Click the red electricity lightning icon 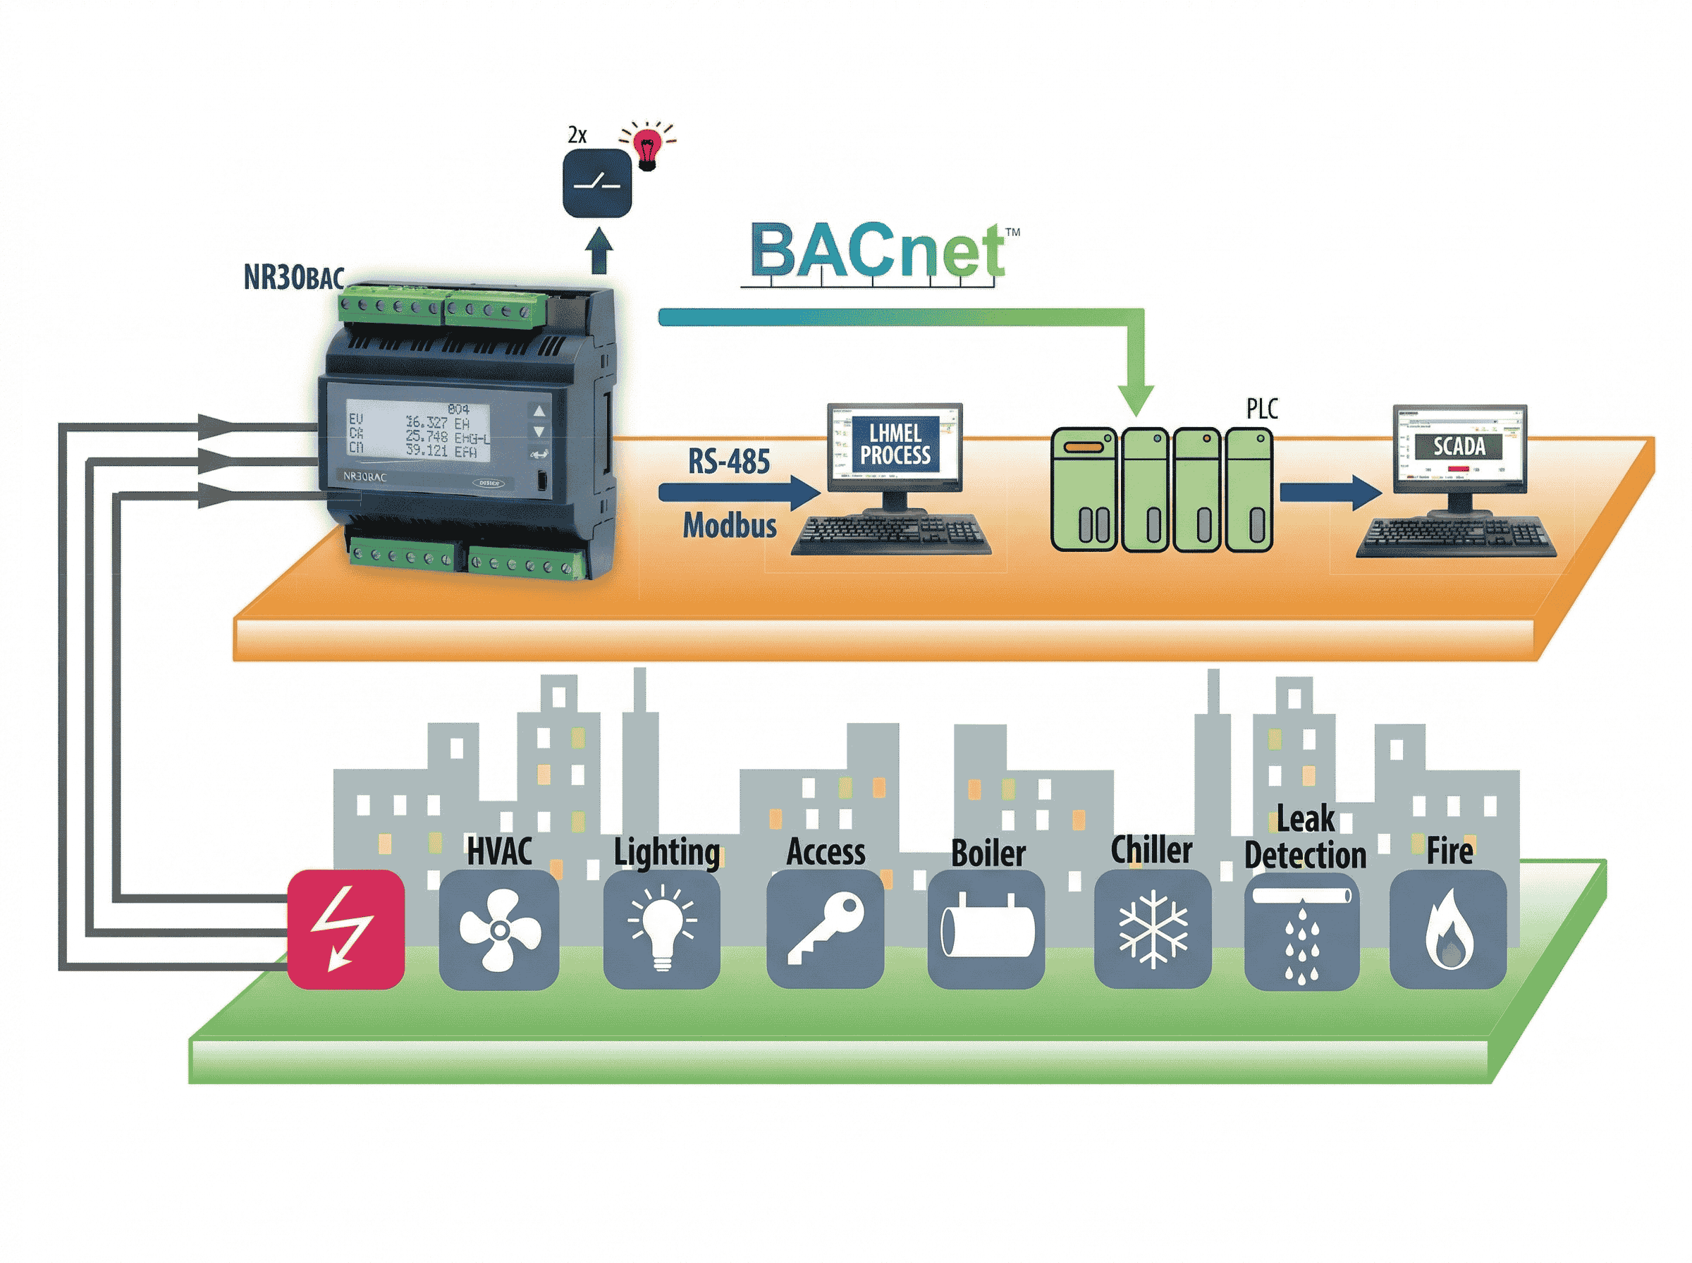[x=345, y=928]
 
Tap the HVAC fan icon [x=498, y=928]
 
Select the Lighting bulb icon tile [x=661, y=928]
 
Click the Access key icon [x=825, y=928]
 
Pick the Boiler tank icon [x=986, y=928]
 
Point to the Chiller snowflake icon [x=1152, y=928]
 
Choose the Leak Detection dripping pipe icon [x=1301, y=928]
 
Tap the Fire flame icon [x=1447, y=928]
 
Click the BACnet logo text [x=877, y=251]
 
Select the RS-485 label [x=729, y=461]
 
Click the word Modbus [x=730, y=525]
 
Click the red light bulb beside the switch [x=649, y=145]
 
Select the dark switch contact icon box [x=597, y=183]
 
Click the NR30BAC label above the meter [x=293, y=277]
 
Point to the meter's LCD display [x=417, y=431]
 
